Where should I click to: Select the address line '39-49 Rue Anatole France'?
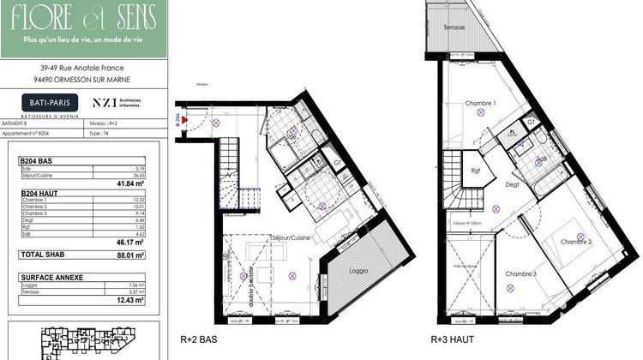(83, 68)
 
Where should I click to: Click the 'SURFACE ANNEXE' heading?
(51, 278)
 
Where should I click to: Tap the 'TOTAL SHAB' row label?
(45, 255)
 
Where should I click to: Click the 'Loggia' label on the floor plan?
(359, 271)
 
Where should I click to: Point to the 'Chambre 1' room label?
(481, 104)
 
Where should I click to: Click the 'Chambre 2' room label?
(576, 242)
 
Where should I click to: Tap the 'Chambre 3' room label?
(520, 273)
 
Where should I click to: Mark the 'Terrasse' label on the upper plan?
(454, 27)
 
